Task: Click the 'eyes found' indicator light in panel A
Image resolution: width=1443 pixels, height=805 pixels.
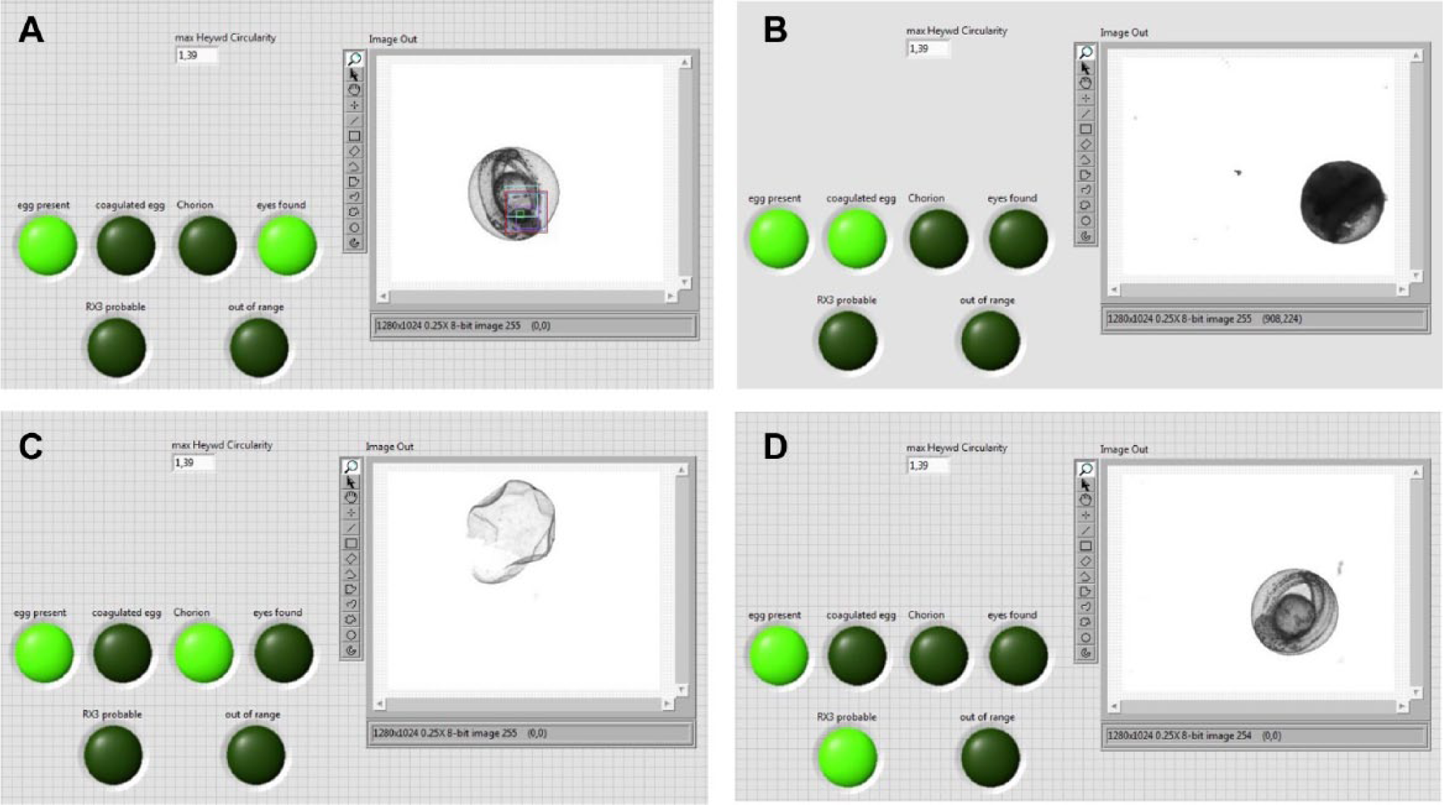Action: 287,245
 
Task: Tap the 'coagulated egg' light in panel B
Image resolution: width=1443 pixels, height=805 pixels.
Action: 857,239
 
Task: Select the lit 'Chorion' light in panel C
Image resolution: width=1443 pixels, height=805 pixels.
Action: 204,653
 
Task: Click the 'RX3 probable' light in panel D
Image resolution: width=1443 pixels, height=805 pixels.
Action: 847,757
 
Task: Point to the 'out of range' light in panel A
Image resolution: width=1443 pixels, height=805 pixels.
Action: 259,348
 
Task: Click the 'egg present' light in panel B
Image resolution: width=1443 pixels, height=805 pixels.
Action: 779,239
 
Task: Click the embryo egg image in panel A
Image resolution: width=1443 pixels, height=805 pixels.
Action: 513,193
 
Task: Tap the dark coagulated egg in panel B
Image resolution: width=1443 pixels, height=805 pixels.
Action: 1343,202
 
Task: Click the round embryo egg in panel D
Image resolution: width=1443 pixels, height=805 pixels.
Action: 1294,611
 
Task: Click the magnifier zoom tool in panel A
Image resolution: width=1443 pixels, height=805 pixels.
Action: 354,59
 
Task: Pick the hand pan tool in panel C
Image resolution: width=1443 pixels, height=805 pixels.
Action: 351,498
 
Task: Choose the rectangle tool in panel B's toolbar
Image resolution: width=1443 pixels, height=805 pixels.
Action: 1085,129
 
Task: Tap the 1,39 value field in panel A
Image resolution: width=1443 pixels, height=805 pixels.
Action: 197,56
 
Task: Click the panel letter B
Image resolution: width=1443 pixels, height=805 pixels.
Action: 775,31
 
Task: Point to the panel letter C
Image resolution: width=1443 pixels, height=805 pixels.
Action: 31,447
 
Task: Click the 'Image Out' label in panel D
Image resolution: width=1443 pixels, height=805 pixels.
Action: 1124,449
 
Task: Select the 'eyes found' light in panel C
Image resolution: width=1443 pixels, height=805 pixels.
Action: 283,653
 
